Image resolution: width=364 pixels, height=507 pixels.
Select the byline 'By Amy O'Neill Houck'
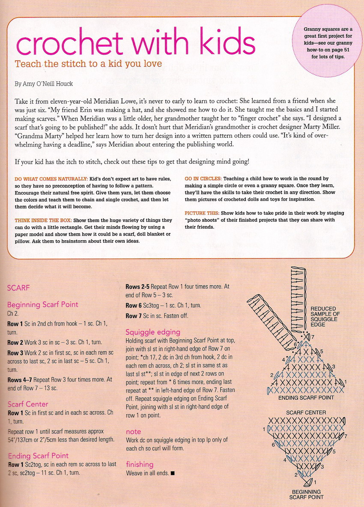(43, 84)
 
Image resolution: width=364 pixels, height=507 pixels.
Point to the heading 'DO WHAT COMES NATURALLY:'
(51, 178)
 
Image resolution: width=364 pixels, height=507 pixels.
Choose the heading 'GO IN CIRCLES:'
(203, 178)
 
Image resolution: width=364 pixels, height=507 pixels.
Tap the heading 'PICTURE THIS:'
(202, 213)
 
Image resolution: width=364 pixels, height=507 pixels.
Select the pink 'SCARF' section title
(18, 288)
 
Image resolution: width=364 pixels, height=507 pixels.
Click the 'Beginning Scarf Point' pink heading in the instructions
(43, 305)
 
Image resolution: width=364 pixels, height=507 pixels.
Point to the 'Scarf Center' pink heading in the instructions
(28, 404)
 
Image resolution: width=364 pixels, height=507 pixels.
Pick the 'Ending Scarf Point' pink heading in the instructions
(38, 456)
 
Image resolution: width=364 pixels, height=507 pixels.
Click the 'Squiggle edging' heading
(153, 332)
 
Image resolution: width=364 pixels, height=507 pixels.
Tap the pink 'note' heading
(133, 432)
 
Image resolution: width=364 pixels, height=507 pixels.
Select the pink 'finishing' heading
(140, 464)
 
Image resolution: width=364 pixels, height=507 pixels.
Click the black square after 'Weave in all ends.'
(172, 473)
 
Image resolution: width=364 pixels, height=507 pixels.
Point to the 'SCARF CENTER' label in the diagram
(306, 413)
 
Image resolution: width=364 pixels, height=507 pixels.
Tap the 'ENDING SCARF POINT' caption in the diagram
(306, 398)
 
